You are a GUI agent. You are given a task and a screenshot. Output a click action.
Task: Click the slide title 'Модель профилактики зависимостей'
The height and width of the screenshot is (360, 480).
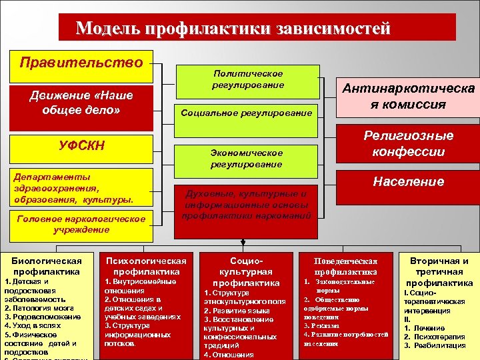click(x=233, y=28)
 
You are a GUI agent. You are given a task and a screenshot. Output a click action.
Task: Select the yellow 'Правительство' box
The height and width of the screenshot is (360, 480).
click(x=82, y=63)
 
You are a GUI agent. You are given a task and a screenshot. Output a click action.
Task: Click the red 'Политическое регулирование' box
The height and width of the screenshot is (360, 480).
click(x=247, y=79)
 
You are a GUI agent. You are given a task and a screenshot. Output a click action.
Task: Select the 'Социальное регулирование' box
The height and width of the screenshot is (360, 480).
click(x=247, y=113)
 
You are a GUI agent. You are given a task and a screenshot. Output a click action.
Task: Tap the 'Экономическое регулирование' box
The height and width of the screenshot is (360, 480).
click(x=247, y=158)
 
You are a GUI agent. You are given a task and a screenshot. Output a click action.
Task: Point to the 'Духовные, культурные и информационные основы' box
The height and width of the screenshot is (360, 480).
click(x=247, y=205)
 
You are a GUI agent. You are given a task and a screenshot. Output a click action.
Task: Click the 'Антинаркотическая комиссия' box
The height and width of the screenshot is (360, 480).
click(x=409, y=96)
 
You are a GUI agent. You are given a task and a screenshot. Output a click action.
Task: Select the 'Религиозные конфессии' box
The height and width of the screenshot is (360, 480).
click(x=409, y=143)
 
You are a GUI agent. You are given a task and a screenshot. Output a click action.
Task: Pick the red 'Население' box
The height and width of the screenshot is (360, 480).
click(x=409, y=181)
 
